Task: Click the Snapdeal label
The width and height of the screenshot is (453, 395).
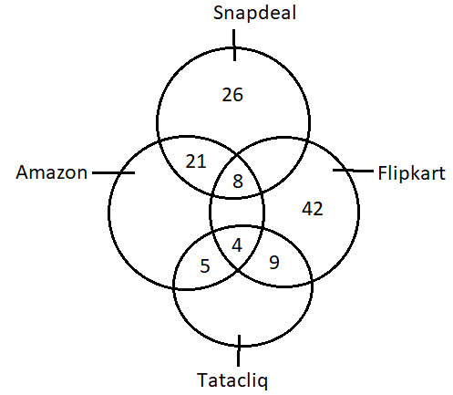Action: point(254,13)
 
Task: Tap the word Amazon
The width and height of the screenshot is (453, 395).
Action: point(52,172)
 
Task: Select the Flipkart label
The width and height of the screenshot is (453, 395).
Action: point(412,173)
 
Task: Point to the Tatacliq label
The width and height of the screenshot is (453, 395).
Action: point(232,380)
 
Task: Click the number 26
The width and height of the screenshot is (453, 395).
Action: point(232,95)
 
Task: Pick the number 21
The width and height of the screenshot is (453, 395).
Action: point(196,161)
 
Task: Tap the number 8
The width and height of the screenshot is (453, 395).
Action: point(238,182)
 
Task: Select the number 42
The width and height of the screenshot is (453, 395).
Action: point(313,209)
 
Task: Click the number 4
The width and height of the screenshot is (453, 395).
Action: point(237,245)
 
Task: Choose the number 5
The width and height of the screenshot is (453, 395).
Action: point(205,265)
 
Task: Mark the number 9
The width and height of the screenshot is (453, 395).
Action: point(274,262)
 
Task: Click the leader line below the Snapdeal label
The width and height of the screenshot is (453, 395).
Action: point(234,45)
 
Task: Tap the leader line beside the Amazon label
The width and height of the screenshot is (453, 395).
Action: point(113,172)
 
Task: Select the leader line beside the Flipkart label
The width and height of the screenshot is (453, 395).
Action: point(353,171)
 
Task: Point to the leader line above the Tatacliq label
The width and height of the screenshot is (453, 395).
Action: point(239,350)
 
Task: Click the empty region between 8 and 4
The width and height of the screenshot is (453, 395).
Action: point(237,212)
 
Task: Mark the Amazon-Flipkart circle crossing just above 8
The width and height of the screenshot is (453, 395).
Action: point(237,155)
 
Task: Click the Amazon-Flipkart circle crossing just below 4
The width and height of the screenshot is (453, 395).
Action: point(237,269)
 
